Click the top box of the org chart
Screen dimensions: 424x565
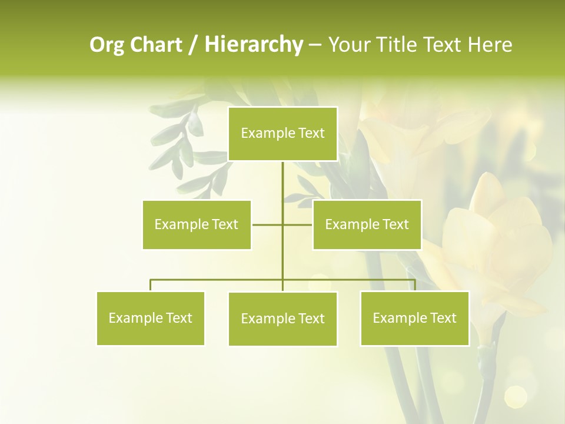click(282, 134)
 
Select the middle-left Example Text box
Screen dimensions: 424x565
click(197, 224)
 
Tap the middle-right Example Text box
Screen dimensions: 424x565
click(367, 224)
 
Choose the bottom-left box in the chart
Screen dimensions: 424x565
click(151, 318)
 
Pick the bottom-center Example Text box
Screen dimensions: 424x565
click(282, 319)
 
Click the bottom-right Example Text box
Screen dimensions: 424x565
click(414, 318)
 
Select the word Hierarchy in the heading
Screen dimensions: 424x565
click(253, 45)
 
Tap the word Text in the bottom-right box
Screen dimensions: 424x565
click(443, 318)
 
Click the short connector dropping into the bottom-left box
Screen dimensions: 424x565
click(151, 285)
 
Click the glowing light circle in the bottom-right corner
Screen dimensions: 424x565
click(516, 396)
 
